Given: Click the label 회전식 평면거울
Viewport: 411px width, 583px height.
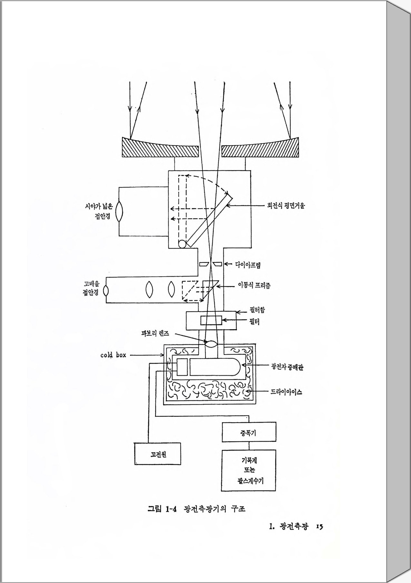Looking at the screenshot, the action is click(x=286, y=206).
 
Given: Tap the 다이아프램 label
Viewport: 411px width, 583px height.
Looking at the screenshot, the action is click(x=248, y=265).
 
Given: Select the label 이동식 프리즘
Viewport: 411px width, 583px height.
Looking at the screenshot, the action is click(x=254, y=285).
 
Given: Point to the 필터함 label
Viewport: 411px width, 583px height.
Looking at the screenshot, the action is click(x=257, y=311).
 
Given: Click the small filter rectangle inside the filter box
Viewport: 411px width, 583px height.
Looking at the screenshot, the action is click(x=211, y=321).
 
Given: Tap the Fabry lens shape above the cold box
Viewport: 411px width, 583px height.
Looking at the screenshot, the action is click(x=211, y=344).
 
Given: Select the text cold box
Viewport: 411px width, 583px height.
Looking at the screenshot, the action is click(x=113, y=355).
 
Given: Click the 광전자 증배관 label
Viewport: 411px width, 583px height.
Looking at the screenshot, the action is click(x=287, y=367).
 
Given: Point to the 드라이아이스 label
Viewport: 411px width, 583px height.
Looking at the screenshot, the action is click(x=286, y=392).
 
